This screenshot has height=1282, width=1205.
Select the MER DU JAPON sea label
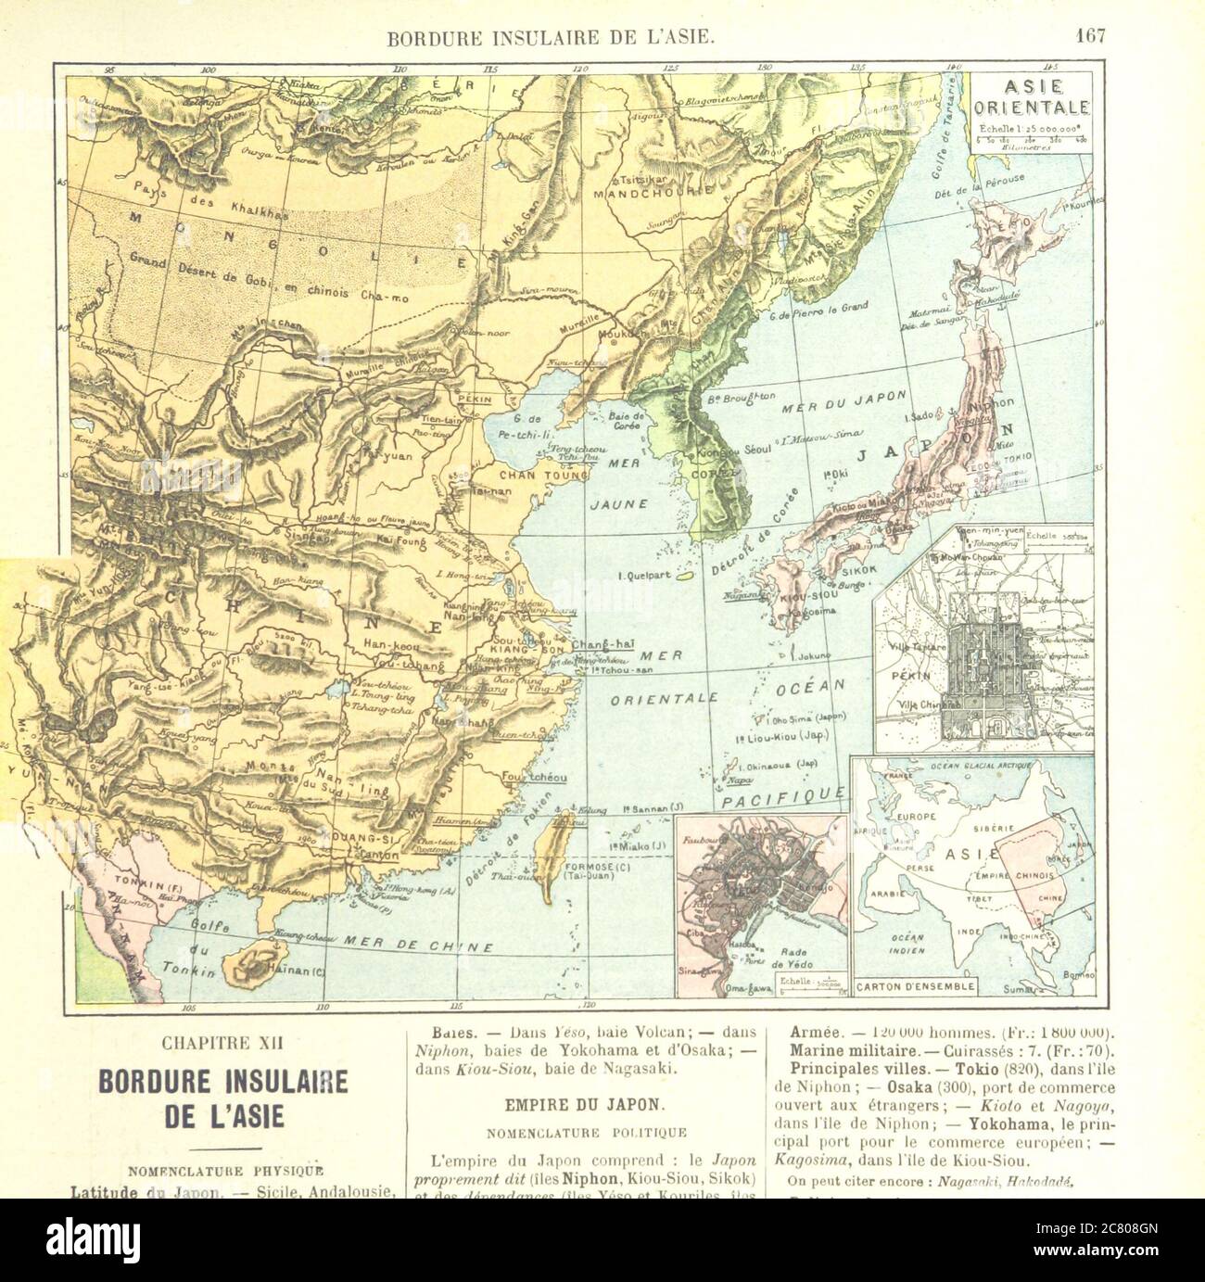tap(831, 406)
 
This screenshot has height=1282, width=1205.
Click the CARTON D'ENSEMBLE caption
tap(914, 986)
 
